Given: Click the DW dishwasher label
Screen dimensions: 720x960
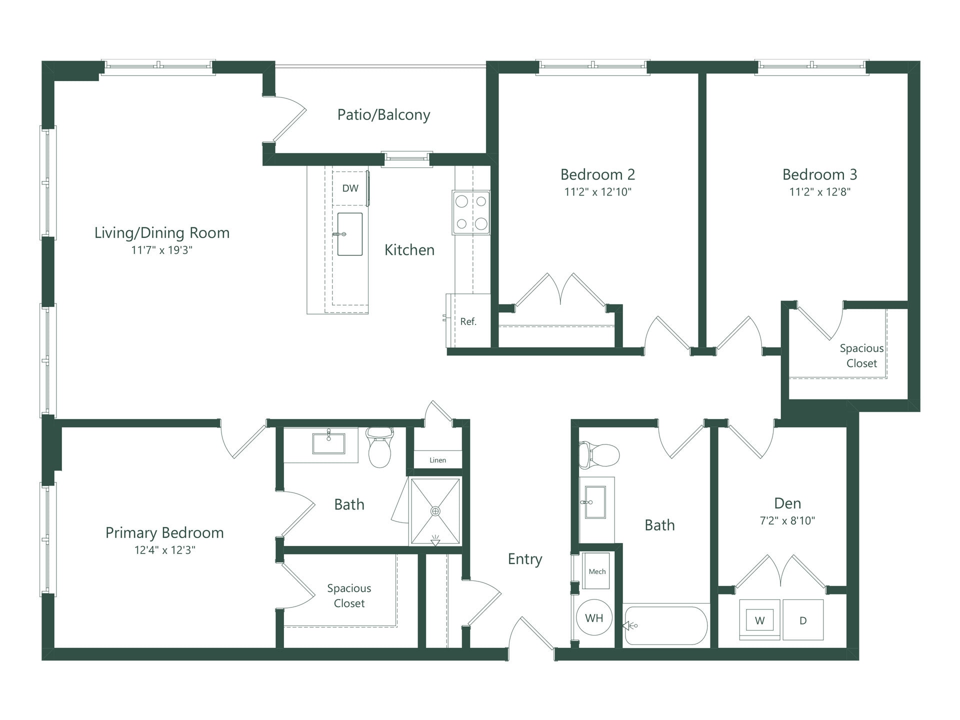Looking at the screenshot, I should pyautogui.click(x=350, y=188).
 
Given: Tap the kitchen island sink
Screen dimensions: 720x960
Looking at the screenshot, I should pyautogui.click(x=349, y=234).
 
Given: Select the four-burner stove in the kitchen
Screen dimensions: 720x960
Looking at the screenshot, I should pyautogui.click(x=471, y=212).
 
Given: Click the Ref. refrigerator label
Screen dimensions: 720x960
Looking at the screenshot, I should pyautogui.click(x=468, y=322).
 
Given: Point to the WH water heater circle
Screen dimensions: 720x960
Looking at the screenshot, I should pyautogui.click(x=594, y=618).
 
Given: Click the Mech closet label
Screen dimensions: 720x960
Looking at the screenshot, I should pyautogui.click(x=597, y=571).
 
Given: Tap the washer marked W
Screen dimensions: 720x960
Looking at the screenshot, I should pyautogui.click(x=759, y=621).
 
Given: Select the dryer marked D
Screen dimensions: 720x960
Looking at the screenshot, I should pyautogui.click(x=803, y=620).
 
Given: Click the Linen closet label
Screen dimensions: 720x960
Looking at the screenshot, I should pyautogui.click(x=437, y=460).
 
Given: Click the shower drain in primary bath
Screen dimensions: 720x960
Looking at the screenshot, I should pyautogui.click(x=435, y=511).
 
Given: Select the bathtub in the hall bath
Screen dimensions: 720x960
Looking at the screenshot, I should pyautogui.click(x=665, y=625).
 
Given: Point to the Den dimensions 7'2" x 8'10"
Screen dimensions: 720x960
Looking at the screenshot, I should pyautogui.click(x=787, y=520).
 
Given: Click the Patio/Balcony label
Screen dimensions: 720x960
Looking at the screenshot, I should pyautogui.click(x=383, y=114).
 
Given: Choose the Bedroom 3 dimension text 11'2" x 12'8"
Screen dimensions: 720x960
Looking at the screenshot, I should pyautogui.click(x=819, y=192).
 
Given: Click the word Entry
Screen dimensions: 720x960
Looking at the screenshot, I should pyautogui.click(x=524, y=559).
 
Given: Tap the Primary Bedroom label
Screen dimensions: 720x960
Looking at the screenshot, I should pyautogui.click(x=164, y=532).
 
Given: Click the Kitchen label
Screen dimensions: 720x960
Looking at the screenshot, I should pyautogui.click(x=409, y=250).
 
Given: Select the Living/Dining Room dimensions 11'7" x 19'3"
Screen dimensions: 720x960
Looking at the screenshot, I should pyautogui.click(x=161, y=250).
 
